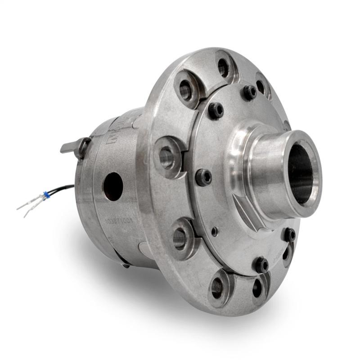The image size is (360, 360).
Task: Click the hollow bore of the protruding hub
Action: [301, 173]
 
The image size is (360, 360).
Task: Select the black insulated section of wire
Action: [63, 189]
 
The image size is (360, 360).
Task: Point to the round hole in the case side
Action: [112, 186]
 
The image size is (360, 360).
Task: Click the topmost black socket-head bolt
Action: [250, 92]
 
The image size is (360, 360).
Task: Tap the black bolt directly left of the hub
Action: [204, 177]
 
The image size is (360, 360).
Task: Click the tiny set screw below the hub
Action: [216, 231]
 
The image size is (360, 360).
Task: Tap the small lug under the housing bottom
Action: [125, 265]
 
